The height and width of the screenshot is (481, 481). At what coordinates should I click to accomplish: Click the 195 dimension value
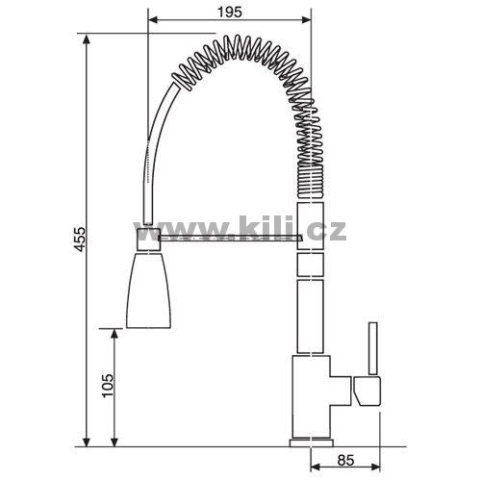[229, 13]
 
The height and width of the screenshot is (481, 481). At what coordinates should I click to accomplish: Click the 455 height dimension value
[79, 240]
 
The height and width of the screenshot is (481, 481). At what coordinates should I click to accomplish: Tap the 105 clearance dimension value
[108, 386]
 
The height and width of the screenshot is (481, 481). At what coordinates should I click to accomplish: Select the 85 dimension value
[345, 461]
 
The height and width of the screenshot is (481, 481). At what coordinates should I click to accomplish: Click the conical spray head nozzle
[148, 290]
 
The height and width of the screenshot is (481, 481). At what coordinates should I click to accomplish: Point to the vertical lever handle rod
[372, 348]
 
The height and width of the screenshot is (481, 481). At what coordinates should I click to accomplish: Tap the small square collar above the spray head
[148, 239]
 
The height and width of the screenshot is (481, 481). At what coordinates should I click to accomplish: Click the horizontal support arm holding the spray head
[230, 238]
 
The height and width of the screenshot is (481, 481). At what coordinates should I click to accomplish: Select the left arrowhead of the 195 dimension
[153, 20]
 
